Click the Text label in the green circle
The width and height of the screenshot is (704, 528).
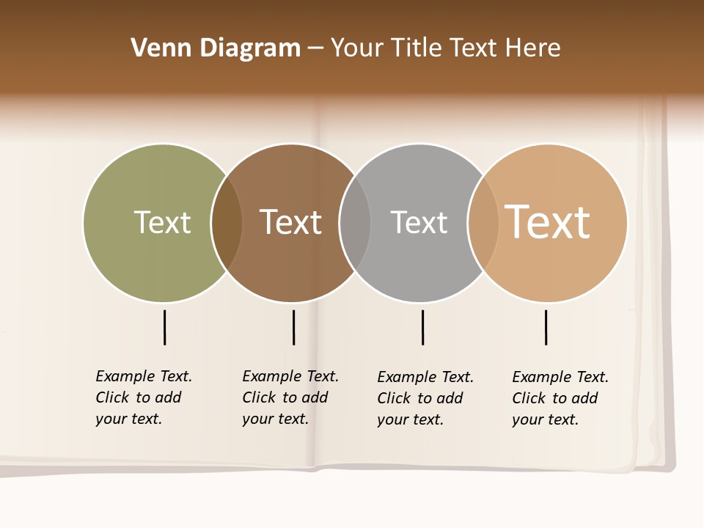click(x=162, y=222)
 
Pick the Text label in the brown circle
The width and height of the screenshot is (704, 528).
click(x=290, y=222)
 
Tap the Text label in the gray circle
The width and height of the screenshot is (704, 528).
click(x=419, y=222)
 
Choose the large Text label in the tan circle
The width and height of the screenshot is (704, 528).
click(x=547, y=222)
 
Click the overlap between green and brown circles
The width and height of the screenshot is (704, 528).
click(x=227, y=222)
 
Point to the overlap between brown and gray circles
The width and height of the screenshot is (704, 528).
click(x=355, y=222)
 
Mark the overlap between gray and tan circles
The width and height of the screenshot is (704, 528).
click(x=483, y=222)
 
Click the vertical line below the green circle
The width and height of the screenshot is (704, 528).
click(x=164, y=327)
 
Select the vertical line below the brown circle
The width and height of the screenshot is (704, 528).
click(x=293, y=327)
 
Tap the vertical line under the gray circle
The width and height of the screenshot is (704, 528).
click(x=422, y=327)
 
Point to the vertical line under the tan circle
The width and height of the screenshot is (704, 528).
click(x=546, y=327)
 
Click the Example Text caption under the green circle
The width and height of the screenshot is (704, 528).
click(x=144, y=397)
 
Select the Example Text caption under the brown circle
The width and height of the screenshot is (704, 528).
click(x=290, y=397)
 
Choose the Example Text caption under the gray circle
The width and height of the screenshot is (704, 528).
click(x=425, y=398)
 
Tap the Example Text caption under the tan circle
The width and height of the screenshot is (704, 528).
click(x=560, y=398)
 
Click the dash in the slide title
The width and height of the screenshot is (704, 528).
click(x=315, y=48)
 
